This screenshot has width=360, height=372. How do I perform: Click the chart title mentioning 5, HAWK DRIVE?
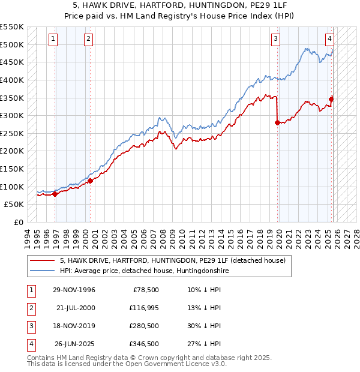pyautogui.click(x=180, y=5)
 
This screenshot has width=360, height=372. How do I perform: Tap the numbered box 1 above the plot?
pyautogui.click(x=53, y=40)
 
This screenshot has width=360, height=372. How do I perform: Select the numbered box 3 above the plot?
pyautogui.click(x=275, y=40)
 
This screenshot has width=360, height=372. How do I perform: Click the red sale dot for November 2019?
pyautogui.click(x=277, y=122)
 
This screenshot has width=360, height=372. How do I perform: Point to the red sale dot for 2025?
pyautogui.click(x=331, y=99)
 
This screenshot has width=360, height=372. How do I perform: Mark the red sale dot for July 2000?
pyautogui.click(x=90, y=181)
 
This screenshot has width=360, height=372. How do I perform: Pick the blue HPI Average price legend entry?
pyautogui.click(x=144, y=271)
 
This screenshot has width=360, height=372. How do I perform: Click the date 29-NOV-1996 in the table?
pyautogui.click(x=74, y=290)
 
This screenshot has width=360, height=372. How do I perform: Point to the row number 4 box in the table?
pyautogui.click(x=30, y=344)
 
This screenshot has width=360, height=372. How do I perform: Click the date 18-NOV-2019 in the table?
pyautogui.click(x=74, y=326)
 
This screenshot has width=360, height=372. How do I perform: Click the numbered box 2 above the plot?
pyautogui.click(x=88, y=40)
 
